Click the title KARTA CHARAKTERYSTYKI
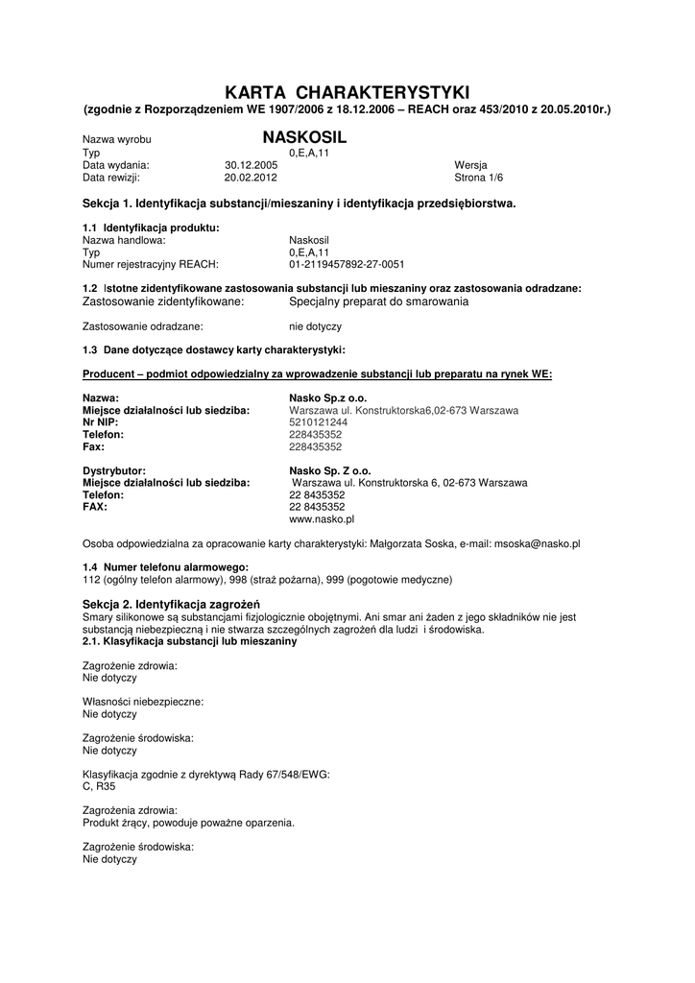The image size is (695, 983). coord(347,92)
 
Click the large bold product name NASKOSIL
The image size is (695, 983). coord(304,138)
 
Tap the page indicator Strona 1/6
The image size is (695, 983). coord(478,178)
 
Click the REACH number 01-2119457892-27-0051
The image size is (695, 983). coord(347,264)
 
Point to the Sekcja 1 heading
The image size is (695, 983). coord(299,204)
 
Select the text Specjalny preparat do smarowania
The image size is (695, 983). coord(378,301)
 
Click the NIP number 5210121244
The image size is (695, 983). coord(319,422)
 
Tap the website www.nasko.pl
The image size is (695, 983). coord(322,518)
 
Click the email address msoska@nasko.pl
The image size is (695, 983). coord(537,543)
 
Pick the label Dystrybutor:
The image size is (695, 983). coord(114,471)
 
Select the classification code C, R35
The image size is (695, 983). coord(99,786)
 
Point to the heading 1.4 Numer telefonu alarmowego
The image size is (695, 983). coord(165,567)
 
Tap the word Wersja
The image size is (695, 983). coord(470,165)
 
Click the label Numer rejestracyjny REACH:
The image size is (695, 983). coord(151,264)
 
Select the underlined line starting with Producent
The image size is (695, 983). coord(317,373)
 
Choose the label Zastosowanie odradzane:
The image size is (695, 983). coord(143,326)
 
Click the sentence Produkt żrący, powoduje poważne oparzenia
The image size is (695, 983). coord(188,823)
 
